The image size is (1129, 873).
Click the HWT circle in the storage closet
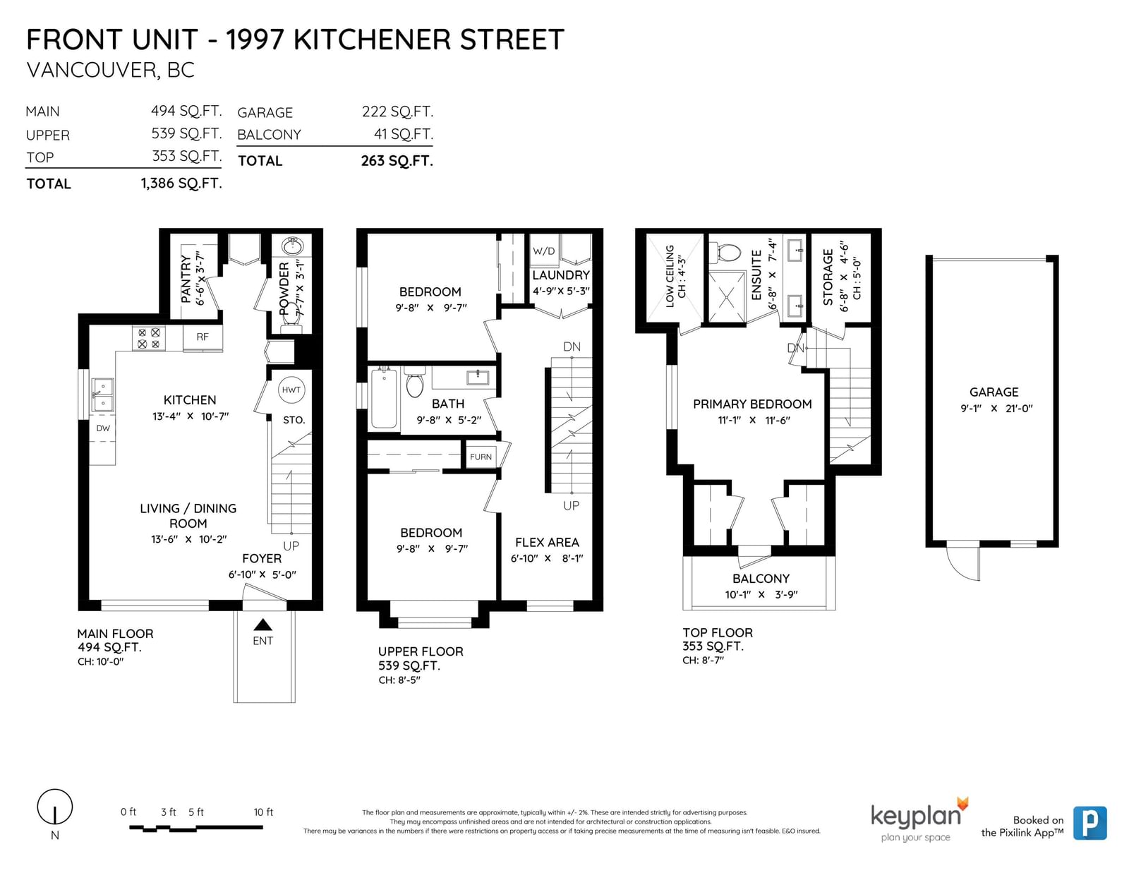point(291,390)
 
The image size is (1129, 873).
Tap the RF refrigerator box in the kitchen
point(203,337)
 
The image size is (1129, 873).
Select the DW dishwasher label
point(103,428)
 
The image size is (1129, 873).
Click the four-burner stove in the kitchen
point(149,338)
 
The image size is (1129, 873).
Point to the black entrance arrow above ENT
point(263,624)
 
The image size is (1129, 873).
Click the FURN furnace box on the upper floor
point(481,457)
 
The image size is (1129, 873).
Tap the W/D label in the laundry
point(543,251)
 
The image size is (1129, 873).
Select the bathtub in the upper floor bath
point(384,397)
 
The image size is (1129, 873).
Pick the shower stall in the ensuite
point(726,296)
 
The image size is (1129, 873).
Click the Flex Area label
point(547,543)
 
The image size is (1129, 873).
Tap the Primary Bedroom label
point(752,404)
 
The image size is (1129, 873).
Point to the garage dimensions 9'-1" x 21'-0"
point(996,409)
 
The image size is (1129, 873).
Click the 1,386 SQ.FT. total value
point(181,183)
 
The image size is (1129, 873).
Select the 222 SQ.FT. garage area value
point(397,112)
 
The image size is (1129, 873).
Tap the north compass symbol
point(54,807)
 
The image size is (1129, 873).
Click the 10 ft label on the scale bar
point(263,812)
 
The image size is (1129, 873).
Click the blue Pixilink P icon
point(1090,823)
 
